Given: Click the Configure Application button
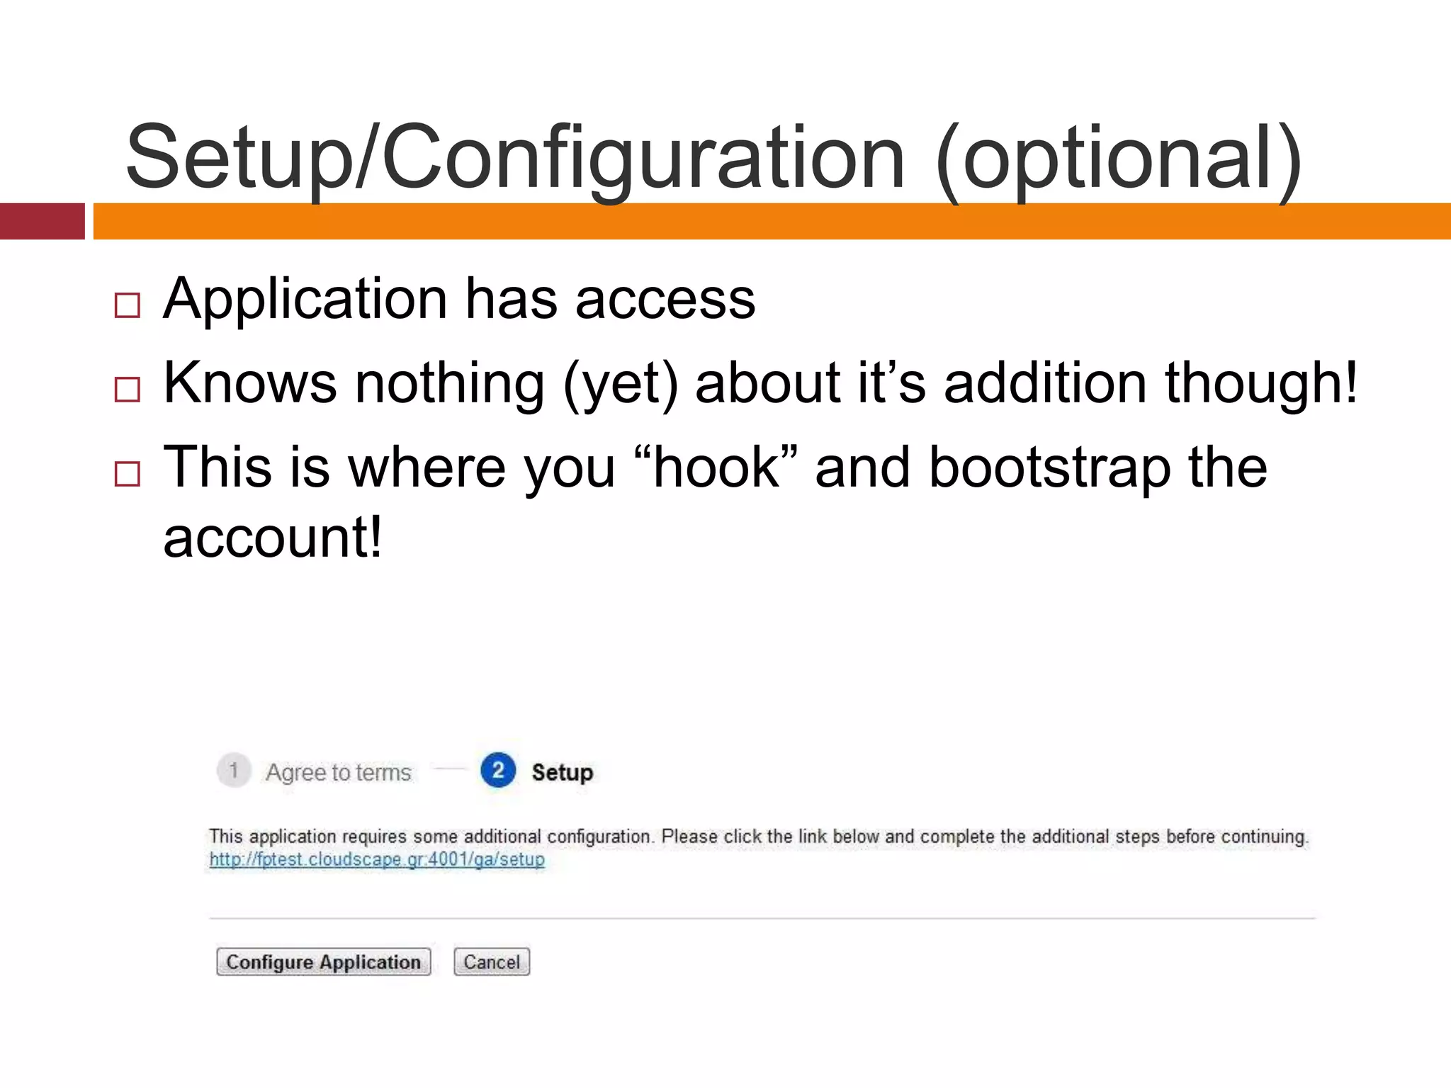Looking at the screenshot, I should click(323, 962).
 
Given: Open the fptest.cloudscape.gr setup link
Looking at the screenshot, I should click(377, 860).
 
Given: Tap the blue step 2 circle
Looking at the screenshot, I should click(498, 771).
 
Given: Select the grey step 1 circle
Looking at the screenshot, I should click(234, 771).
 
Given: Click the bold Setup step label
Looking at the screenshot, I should click(563, 772).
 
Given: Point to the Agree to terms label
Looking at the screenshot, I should click(339, 772).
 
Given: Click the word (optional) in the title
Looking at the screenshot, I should click(1118, 159).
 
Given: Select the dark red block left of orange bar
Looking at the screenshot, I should click(42, 221).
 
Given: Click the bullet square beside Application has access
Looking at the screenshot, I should click(128, 305).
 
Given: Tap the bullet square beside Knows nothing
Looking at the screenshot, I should click(128, 390).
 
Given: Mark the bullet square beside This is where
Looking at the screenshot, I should click(128, 474).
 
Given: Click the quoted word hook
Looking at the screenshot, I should click(716, 467).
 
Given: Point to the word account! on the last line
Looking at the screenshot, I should click(273, 537).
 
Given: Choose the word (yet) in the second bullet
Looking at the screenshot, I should click(621, 384).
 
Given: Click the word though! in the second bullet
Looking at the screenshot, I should click(1261, 382).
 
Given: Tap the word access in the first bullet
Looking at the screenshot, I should click(665, 300).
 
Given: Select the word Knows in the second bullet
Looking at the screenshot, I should click(250, 382).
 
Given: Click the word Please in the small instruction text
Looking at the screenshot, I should click(689, 837).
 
